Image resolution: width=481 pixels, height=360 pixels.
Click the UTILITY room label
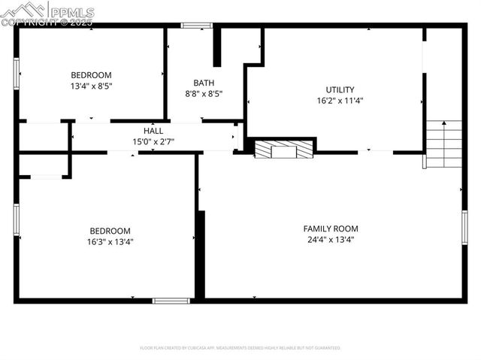[340, 89]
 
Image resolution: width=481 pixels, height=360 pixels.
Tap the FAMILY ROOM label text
[331, 228]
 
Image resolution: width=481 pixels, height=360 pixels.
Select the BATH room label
[204, 83]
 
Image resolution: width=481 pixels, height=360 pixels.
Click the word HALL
[153, 131]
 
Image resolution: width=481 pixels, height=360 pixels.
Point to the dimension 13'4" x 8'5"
[91, 86]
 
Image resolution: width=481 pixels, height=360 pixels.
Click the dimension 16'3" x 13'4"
[110, 242]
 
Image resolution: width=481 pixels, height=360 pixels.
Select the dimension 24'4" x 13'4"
[331, 240]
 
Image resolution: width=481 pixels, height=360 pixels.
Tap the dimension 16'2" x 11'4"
[340, 101]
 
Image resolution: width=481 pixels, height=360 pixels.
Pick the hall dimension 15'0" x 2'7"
[153, 141]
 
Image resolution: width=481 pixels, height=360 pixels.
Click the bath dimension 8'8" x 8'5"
[204, 94]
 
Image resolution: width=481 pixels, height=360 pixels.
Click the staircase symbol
[443, 144]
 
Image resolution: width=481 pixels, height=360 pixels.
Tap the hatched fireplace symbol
[283, 150]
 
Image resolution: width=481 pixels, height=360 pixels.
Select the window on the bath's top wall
[197, 26]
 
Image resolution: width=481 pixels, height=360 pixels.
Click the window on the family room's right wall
[464, 227]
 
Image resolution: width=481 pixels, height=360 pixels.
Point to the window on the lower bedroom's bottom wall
[171, 301]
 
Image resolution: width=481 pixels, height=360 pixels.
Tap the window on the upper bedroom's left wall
[16, 74]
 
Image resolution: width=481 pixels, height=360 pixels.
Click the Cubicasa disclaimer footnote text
[240, 348]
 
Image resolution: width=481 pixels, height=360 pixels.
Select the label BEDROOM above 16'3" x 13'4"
[110, 231]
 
